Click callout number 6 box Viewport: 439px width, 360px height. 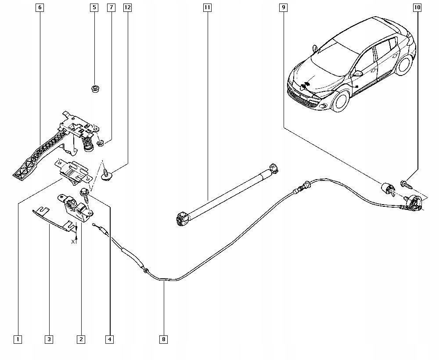point(40,7)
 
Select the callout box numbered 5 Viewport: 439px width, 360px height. point(94,7)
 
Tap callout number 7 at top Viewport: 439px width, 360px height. point(111,7)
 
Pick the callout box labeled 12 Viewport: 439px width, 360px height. point(127,7)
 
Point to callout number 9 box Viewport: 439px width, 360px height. point(284,7)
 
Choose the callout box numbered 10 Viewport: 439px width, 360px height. point(417,7)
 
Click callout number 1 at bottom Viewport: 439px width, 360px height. point(18,339)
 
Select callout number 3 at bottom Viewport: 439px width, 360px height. point(49,339)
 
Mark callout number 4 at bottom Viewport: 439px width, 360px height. point(109,339)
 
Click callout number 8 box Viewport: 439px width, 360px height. point(164,339)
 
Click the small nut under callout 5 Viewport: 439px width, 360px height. point(94,89)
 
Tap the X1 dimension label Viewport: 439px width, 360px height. point(74,241)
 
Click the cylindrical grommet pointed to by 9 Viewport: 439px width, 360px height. point(387,188)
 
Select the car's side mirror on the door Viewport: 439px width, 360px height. point(359,73)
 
